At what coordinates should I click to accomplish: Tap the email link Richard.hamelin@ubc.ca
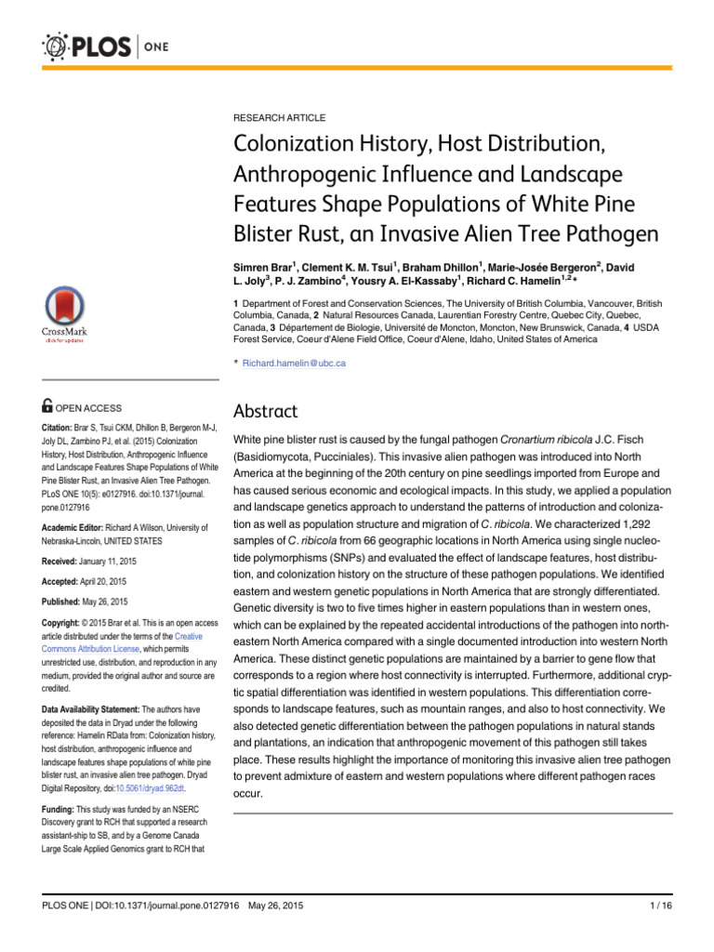point(294,363)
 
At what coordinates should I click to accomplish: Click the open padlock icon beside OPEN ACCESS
point(48,405)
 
